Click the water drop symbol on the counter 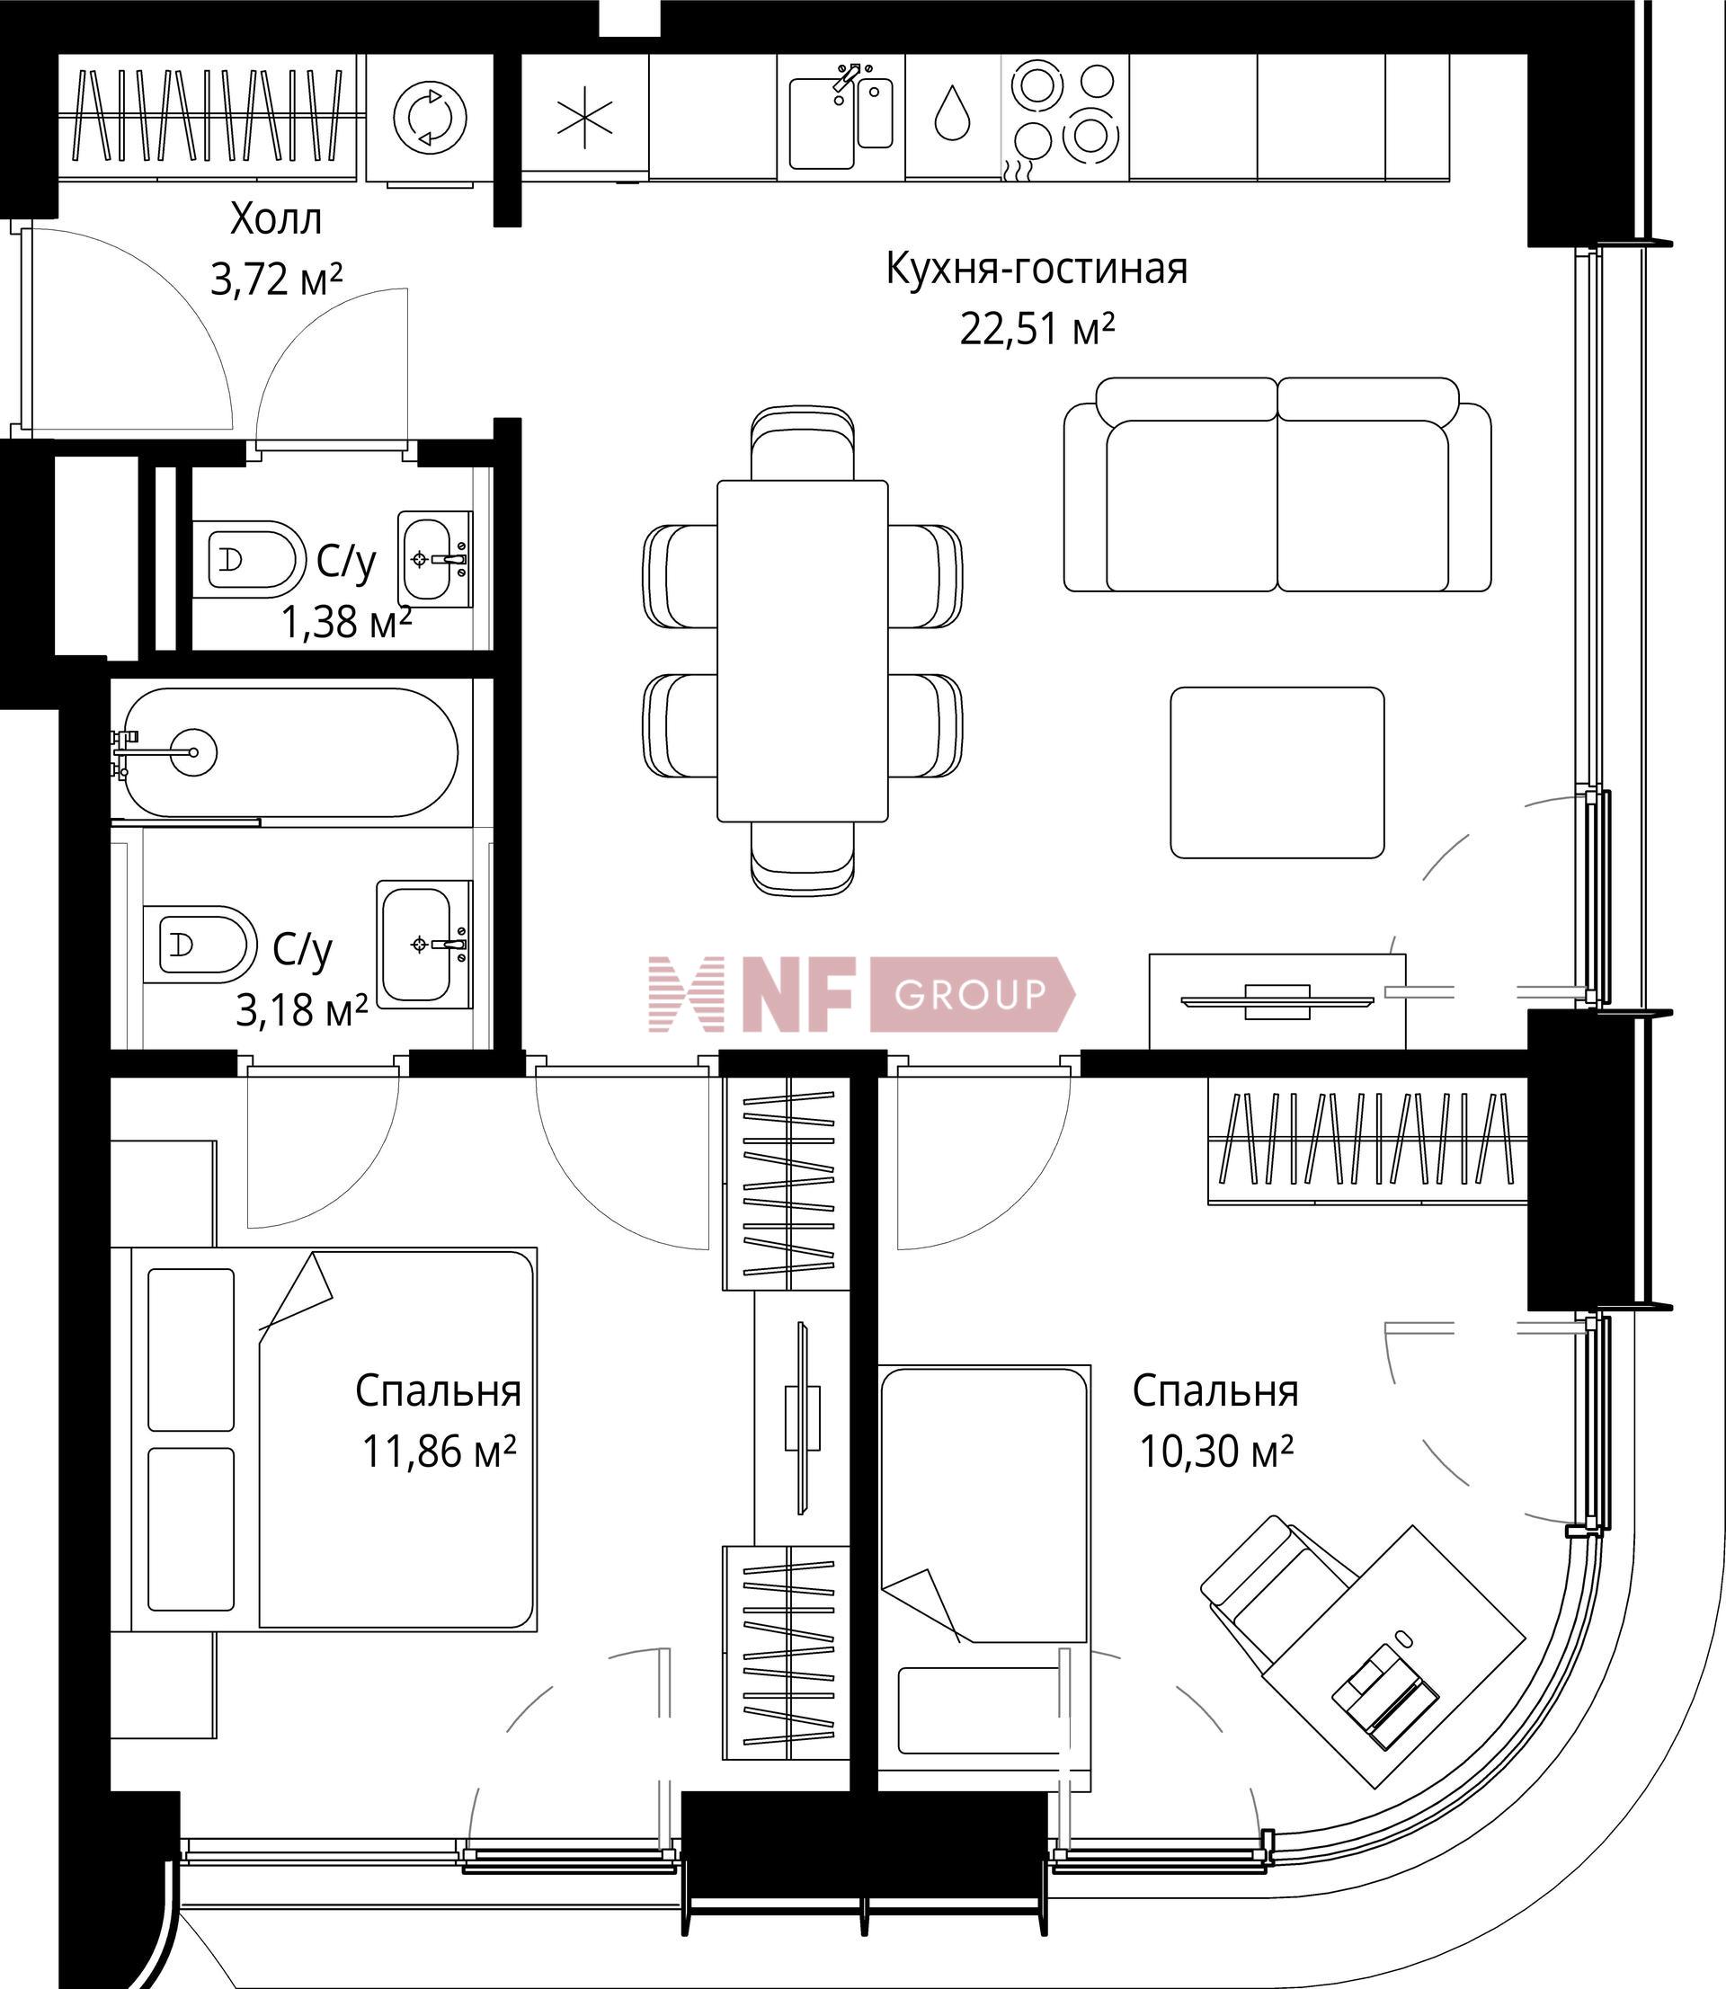tap(952, 112)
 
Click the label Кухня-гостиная tap(1036, 269)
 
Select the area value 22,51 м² tap(1037, 329)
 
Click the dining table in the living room tap(802, 651)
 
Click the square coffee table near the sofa tap(1277, 772)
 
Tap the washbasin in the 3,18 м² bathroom tap(423, 944)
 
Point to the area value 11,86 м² tap(440, 1451)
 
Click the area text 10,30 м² tap(1215, 1451)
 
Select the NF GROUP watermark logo tap(861, 994)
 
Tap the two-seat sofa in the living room tap(1277, 484)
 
